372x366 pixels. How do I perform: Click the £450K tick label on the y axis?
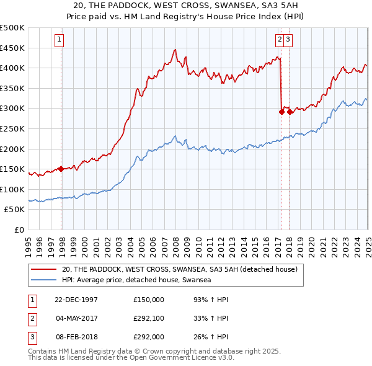click(x=12, y=48)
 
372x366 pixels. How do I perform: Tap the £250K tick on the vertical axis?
click(x=12, y=128)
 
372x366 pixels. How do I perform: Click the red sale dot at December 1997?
click(x=61, y=169)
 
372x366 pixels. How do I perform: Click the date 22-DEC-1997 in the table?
click(x=76, y=300)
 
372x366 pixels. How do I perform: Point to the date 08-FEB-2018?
click(x=76, y=339)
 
